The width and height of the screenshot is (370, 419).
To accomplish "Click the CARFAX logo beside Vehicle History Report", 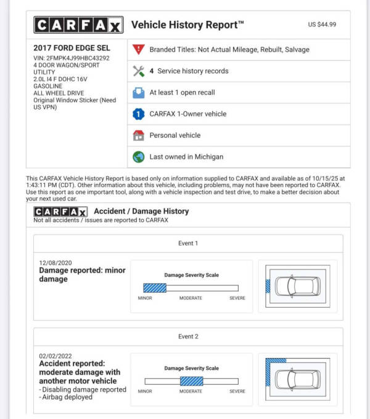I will coord(78,25).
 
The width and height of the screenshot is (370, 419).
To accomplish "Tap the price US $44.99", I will coord(322,25).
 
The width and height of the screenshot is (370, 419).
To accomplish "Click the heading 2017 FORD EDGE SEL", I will coord(72,48).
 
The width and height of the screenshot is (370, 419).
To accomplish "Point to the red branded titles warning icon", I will coord(138,49).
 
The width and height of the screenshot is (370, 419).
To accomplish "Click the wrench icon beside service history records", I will coord(138,71).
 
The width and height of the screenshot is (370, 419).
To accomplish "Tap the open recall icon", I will coord(138,92).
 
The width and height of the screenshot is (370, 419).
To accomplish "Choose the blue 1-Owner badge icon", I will coord(138,114).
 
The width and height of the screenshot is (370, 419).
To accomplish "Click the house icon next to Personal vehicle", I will coord(138,135).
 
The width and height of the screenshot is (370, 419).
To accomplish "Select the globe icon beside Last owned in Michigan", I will coord(138,157).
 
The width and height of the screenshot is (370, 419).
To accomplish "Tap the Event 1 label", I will coord(188,243).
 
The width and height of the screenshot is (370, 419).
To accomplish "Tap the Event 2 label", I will coord(188,337).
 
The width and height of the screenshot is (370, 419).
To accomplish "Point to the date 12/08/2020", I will coord(55,263).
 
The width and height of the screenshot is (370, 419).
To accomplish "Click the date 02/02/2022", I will coord(55,356).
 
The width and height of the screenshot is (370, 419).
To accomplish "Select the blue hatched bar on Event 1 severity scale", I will coord(155,287).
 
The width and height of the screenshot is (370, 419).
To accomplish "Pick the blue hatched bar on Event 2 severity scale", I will coord(191,381).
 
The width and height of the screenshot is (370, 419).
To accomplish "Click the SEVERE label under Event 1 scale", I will coord(237,298).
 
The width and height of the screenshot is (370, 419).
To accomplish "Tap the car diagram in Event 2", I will coord(297,379).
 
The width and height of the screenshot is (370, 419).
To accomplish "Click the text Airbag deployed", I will coord(69,397).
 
